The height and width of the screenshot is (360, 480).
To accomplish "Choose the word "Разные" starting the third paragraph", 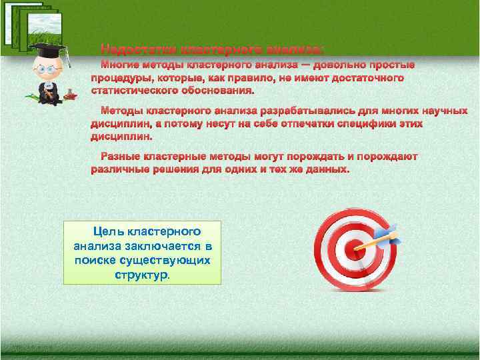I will (120, 157).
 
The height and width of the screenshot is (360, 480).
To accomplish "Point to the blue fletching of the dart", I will (388, 233).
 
